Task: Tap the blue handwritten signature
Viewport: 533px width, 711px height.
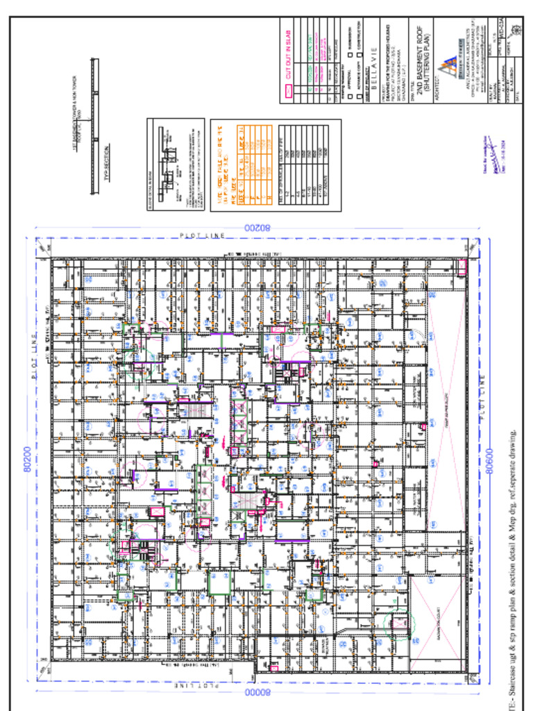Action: coord(490,167)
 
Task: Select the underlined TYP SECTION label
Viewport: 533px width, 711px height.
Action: coord(108,162)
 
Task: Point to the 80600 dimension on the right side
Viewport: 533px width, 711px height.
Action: coord(489,460)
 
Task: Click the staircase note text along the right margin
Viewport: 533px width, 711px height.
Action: coord(513,569)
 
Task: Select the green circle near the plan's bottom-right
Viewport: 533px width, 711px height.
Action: coord(400,624)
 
